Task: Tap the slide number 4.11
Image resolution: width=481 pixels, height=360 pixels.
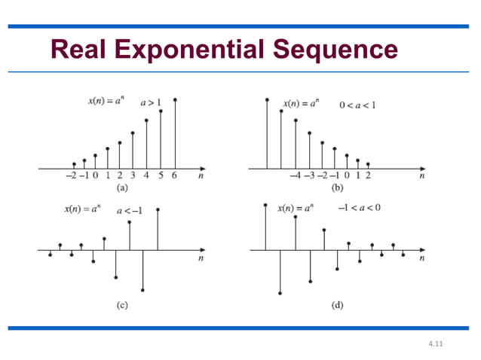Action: click(x=435, y=345)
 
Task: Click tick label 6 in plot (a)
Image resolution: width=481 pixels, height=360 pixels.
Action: click(x=175, y=176)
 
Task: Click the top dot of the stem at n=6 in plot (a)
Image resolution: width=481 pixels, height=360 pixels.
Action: click(x=175, y=99)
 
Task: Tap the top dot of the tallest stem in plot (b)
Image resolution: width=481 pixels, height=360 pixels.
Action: click(x=267, y=99)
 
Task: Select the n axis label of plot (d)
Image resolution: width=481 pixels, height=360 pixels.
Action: click(x=421, y=258)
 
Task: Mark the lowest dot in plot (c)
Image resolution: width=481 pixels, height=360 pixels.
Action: click(x=143, y=290)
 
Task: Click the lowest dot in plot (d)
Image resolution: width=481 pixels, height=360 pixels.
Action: click(x=280, y=293)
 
